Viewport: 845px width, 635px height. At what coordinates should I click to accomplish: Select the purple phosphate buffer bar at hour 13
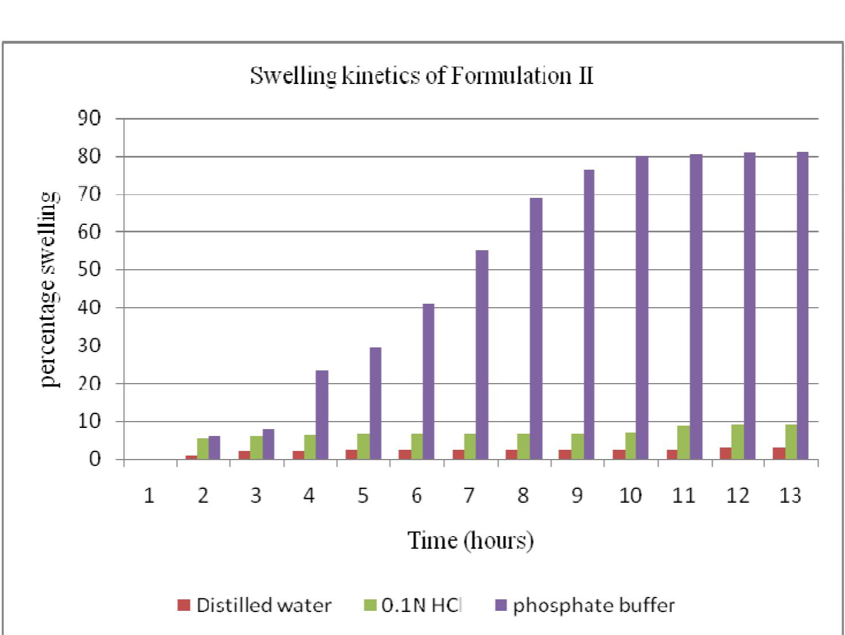802,305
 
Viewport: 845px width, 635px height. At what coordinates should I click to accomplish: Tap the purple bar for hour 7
482,354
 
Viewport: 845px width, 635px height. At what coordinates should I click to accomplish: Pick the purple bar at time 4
322,414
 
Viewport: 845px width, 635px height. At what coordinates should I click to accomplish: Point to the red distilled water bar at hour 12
725,453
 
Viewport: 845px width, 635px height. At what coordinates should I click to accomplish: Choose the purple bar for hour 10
642,307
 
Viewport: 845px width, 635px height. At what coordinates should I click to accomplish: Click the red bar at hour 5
351,454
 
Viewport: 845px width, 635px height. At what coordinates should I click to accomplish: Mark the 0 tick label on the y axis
94,459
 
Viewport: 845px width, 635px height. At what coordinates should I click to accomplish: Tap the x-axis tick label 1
149,495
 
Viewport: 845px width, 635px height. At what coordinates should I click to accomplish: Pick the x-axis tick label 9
576,495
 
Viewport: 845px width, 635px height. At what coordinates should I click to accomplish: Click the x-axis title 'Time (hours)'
471,540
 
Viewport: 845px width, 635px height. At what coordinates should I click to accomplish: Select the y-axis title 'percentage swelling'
50,289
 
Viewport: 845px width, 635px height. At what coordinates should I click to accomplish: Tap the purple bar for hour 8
536,328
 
